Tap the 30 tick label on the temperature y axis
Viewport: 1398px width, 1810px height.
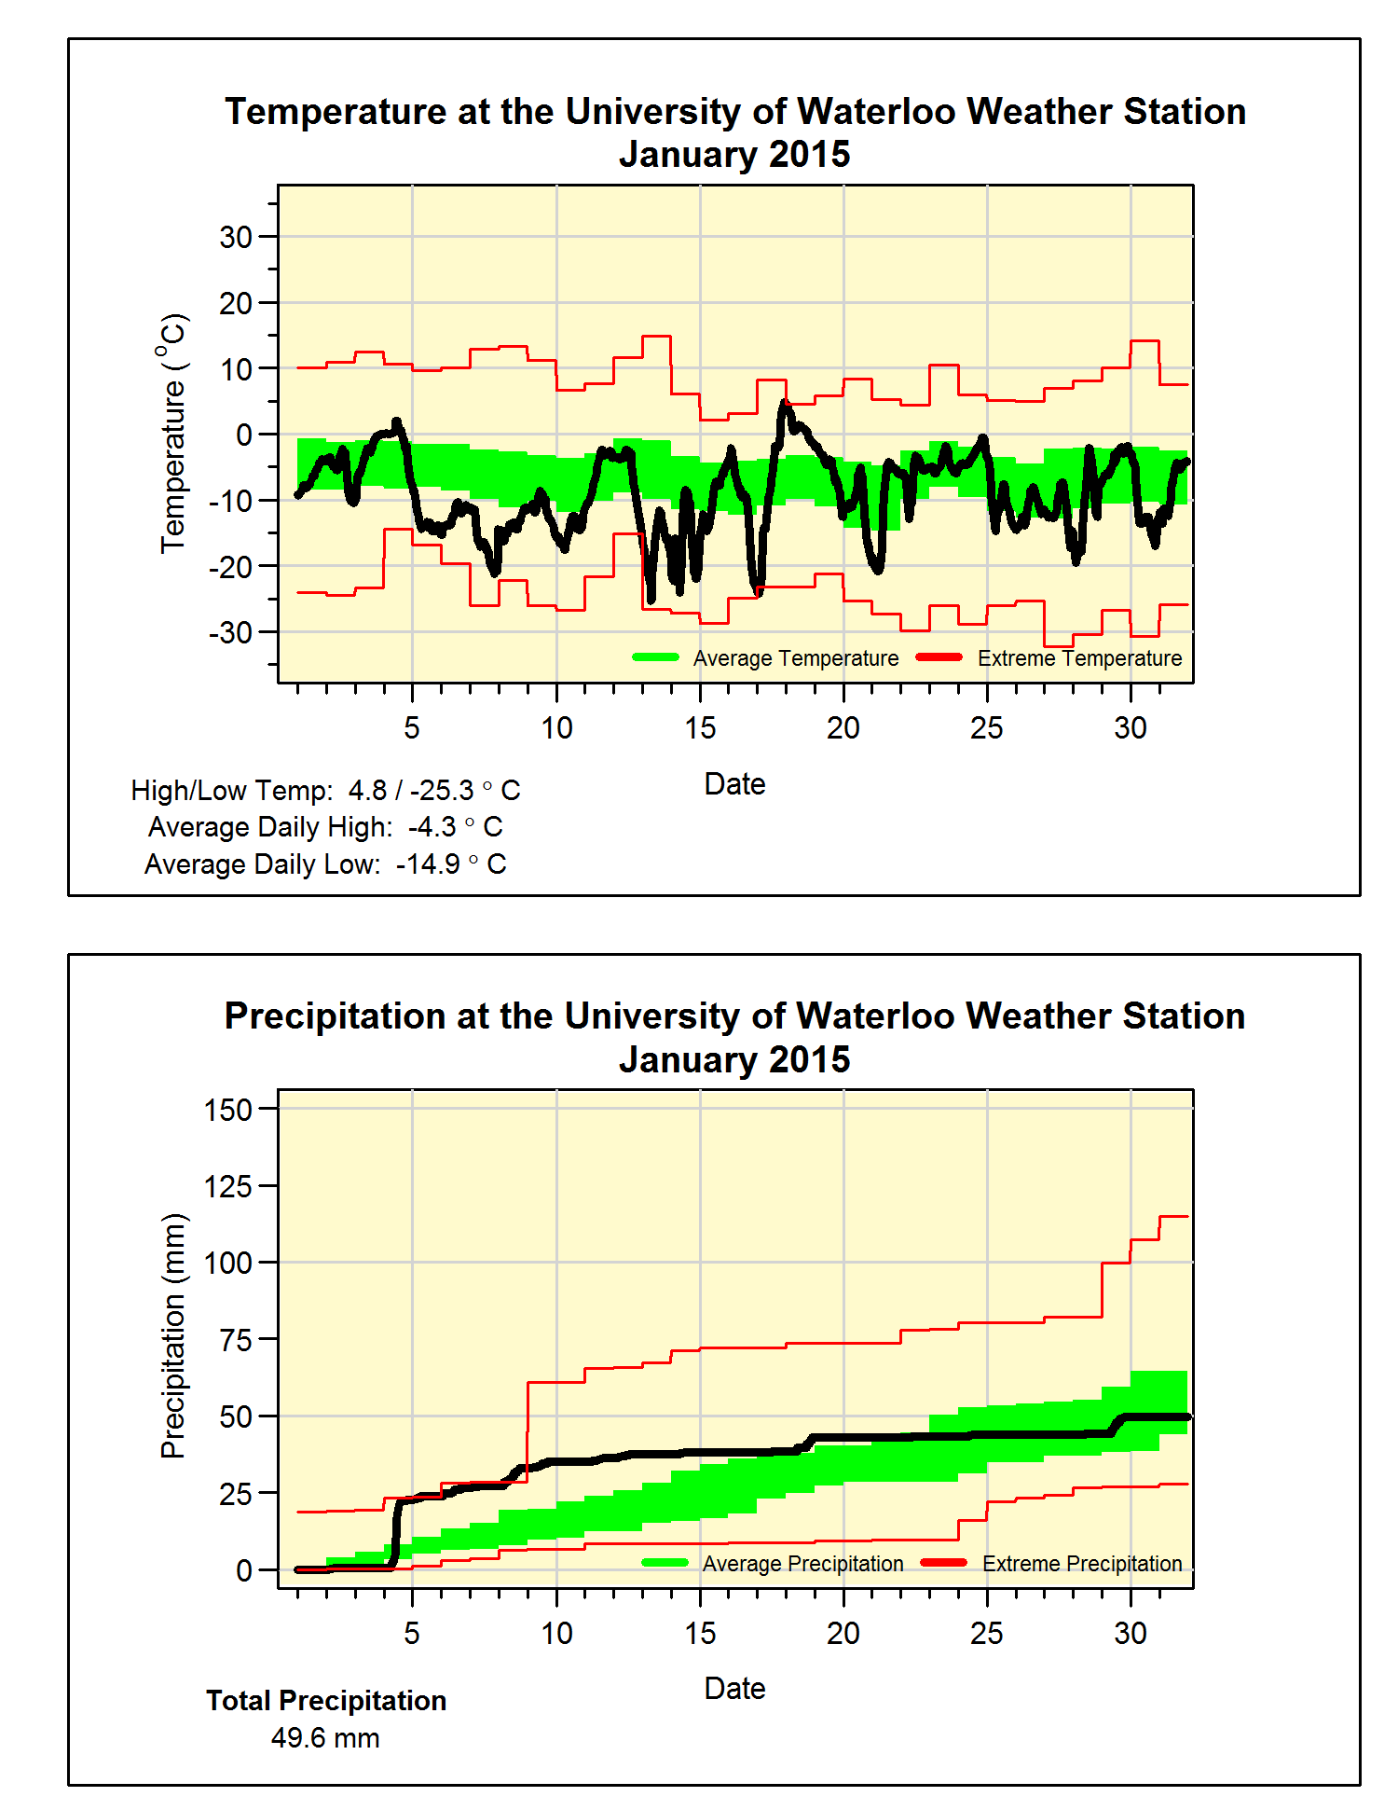pyautogui.click(x=236, y=237)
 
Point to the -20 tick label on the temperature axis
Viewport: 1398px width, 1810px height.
pyautogui.click(x=230, y=567)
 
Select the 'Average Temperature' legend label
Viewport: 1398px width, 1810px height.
pyautogui.click(x=795, y=658)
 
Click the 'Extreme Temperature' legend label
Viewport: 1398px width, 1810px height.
pyautogui.click(x=1079, y=658)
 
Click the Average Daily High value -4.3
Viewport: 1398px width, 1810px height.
pyautogui.click(x=432, y=827)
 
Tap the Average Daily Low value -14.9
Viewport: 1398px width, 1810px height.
pyautogui.click(x=428, y=864)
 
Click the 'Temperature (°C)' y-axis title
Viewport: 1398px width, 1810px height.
pyautogui.click(x=173, y=434)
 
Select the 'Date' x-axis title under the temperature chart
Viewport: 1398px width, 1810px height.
pyautogui.click(x=734, y=784)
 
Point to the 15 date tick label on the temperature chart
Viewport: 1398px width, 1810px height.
pyautogui.click(x=700, y=727)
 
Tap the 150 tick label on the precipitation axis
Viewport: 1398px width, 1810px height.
pyautogui.click(x=228, y=1110)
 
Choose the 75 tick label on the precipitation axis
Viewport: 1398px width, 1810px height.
pyautogui.click(x=236, y=1340)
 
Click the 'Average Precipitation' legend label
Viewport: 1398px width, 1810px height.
pyautogui.click(x=802, y=1564)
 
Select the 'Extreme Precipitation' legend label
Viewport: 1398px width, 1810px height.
pyautogui.click(x=1081, y=1564)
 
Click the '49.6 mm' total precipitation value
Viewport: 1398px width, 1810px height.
pyautogui.click(x=325, y=1738)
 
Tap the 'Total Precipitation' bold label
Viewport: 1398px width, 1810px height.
pyautogui.click(x=326, y=1701)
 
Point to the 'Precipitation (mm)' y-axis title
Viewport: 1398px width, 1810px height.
pyautogui.click(x=173, y=1335)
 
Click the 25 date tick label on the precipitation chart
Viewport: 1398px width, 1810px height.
pyautogui.click(x=987, y=1633)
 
